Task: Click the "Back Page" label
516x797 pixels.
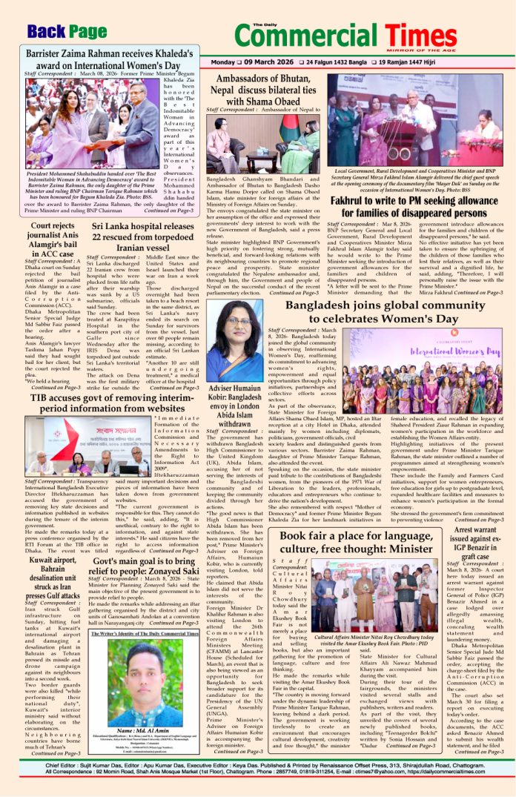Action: (x=67, y=30)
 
